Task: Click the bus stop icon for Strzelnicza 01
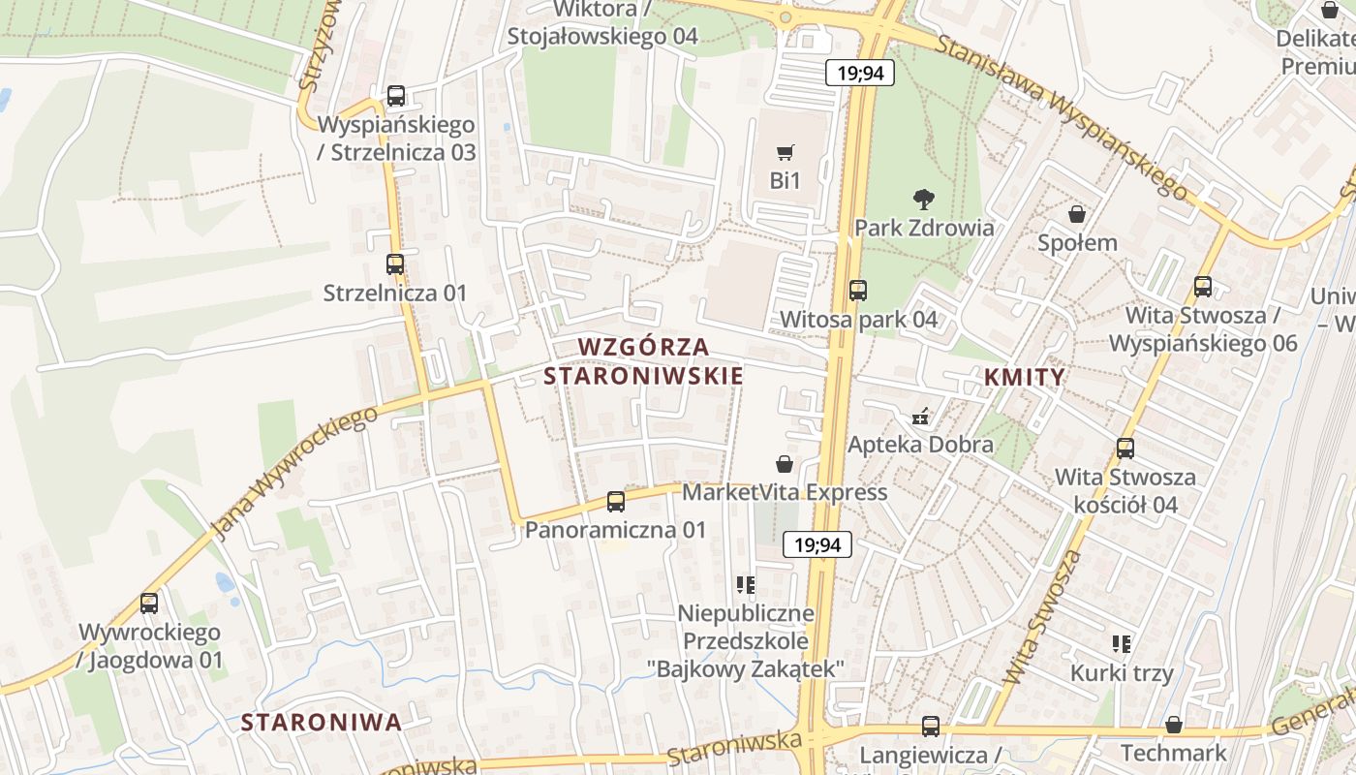[x=395, y=263]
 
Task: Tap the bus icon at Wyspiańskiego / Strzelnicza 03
[x=396, y=96]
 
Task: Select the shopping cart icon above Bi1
[x=786, y=152]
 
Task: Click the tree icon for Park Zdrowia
[x=924, y=200]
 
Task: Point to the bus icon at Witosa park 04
[x=858, y=290]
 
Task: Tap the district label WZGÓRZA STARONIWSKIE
[x=644, y=361]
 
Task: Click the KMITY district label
[x=1025, y=377]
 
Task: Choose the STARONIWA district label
[x=321, y=722]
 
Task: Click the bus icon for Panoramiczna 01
[x=616, y=502]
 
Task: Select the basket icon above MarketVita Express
[x=785, y=465]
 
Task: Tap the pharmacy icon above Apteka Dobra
[x=921, y=418]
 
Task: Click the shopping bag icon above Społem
[x=1077, y=214]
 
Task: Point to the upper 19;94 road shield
[x=859, y=73]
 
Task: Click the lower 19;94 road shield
[x=817, y=544]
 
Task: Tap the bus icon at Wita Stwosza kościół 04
[x=1125, y=449]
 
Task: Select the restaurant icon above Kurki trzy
[x=1122, y=644]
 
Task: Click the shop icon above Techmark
[x=1174, y=725]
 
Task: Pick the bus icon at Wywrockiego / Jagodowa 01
[x=149, y=604]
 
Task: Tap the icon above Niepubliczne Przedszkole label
[x=745, y=584]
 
